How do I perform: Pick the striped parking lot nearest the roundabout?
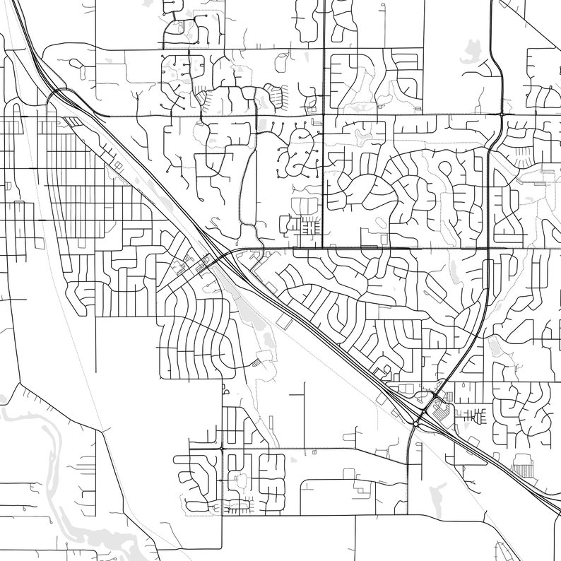[448, 396]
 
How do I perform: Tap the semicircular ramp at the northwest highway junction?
[54, 100]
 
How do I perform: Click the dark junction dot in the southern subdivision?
[222, 448]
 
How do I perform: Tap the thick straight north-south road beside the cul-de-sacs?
[323, 177]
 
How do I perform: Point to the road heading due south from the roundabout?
[409, 480]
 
